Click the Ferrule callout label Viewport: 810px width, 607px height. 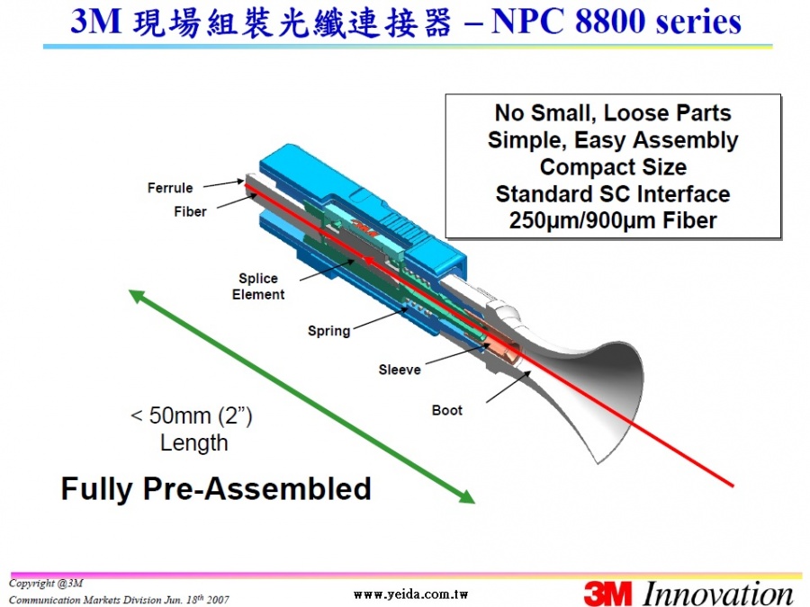coord(170,188)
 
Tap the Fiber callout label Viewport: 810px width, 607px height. coord(190,211)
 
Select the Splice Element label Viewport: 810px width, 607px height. coord(258,287)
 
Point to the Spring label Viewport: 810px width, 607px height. coord(329,331)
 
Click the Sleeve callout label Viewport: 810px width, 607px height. coord(400,370)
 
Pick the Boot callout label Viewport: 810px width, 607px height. coord(446,410)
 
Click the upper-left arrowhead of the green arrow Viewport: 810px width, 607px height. coord(138,296)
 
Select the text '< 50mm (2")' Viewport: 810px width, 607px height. coord(192,416)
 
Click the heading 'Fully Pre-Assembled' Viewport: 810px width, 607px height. coord(216,489)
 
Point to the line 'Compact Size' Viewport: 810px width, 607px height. coord(613,167)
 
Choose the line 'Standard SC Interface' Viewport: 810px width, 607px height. coord(613,194)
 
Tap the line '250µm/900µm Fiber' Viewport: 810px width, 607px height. coord(613,221)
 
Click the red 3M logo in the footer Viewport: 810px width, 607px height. coord(608,594)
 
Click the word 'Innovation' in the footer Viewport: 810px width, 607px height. coord(718,594)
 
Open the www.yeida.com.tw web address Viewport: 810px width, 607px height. coord(410,594)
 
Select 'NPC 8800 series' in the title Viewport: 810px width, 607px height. coord(616,22)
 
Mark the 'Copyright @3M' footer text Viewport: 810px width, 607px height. coord(46,584)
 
